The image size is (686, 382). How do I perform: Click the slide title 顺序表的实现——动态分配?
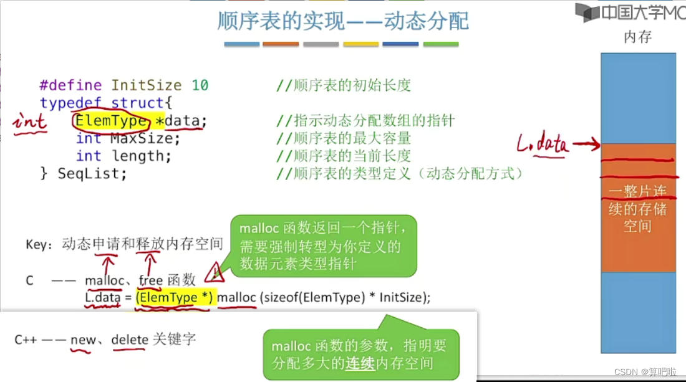click(x=342, y=21)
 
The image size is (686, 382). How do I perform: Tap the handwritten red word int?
click(x=30, y=121)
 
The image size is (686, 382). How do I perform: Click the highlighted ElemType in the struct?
click(x=110, y=120)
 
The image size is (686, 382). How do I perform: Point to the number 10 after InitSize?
click(x=200, y=85)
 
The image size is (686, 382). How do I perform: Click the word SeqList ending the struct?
click(x=92, y=173)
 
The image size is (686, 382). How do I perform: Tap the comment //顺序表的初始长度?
click(x=344, y=85)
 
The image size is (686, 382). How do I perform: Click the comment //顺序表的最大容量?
click(x=344, y=138)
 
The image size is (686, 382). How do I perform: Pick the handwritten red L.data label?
click(x=543, y=146)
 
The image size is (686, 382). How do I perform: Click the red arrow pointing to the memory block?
click(x=586, y=146)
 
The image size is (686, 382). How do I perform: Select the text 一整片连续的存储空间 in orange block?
click(x=637, y=209)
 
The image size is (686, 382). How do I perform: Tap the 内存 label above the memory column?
click(x=637, y=37)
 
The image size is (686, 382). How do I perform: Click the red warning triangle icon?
click(x=215, y=272)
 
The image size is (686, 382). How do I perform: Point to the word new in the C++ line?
click(x=82, y=340)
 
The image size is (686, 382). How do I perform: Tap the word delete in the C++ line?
click(x=130, y=340)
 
